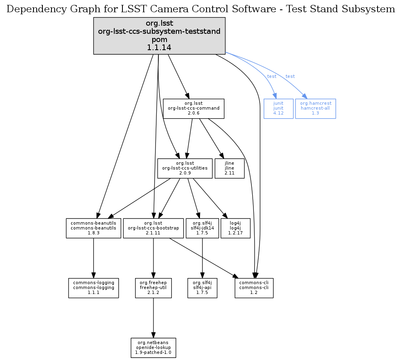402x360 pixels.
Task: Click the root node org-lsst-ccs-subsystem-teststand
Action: click(159, 36)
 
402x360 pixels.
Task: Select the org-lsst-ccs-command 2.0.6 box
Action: click(193, 108)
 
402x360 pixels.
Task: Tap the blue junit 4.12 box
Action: click(278, 108)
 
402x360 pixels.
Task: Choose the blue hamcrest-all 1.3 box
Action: click(315, 108)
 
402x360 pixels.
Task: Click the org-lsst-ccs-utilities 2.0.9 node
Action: click(185, 168)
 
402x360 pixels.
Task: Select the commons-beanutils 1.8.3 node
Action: click(93, 228)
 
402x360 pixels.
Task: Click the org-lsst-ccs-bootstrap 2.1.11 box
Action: click(153, 228)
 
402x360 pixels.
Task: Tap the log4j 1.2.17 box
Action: click(235, 228)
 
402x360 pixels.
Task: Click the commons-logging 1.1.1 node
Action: click(93, 288)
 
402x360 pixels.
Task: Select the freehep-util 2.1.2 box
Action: click(153, 288)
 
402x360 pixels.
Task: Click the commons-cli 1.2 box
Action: click(254, 288)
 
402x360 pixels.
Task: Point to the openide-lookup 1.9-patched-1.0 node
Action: click(153, 347)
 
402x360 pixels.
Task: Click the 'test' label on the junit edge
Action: click(271, 77)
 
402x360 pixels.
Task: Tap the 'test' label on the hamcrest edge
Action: click(290, 77)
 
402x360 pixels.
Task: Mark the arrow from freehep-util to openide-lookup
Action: click(153, 318)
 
